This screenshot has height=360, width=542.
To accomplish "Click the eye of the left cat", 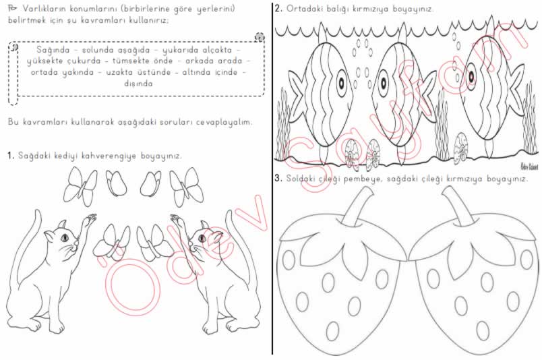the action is click(65, 237).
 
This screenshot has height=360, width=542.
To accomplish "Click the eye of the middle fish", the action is click(384, 83).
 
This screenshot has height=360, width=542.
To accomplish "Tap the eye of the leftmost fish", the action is click(342, 83).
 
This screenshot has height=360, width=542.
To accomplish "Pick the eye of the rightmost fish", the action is click(471, 77).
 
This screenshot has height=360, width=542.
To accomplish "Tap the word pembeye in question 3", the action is click(363, 179).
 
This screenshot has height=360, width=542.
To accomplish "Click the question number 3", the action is click(278, 179).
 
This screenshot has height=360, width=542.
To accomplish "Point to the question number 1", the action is click(10, 156).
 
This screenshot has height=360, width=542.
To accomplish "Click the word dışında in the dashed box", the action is click(138, 84).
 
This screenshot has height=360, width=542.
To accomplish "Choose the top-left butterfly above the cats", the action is click(80, 187).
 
